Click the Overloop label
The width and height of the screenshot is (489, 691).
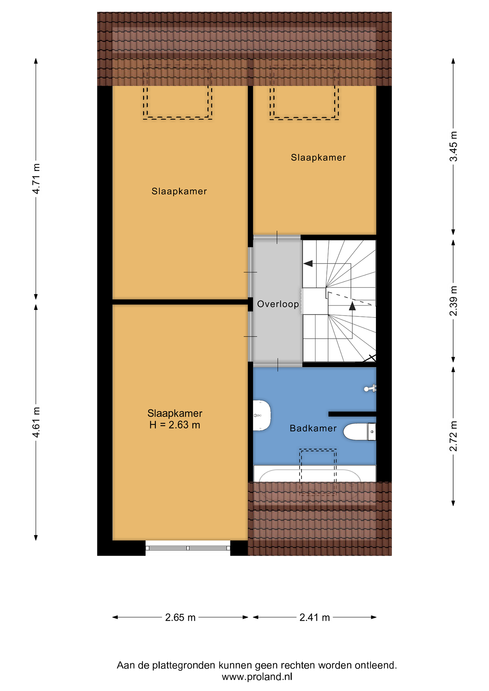click(x=278, y=304)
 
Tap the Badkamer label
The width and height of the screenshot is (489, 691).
click(x=313, y=428)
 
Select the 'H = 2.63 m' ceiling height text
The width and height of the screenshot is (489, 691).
click(x=175, y=425)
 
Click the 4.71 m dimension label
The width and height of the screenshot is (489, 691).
click(x=36, y=179)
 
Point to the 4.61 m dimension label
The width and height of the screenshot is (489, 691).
click(x=36, y=422)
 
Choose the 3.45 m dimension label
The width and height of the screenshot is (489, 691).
click(x=453, y=146)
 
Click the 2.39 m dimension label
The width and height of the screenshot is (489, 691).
click(x=453, y=301)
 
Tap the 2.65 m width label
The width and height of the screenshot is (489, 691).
click(x=180, y=618)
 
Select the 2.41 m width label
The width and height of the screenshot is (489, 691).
click(x=315, y=618)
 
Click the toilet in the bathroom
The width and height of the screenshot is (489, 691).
click(x=360, y=432)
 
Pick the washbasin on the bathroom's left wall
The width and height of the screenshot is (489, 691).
click(x=262, y=415)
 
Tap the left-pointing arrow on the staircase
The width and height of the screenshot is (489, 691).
click(x=308, y=264)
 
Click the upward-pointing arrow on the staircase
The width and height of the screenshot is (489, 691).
click(x=352, y=306)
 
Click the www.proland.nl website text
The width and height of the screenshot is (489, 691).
click(x=257, y=677)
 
